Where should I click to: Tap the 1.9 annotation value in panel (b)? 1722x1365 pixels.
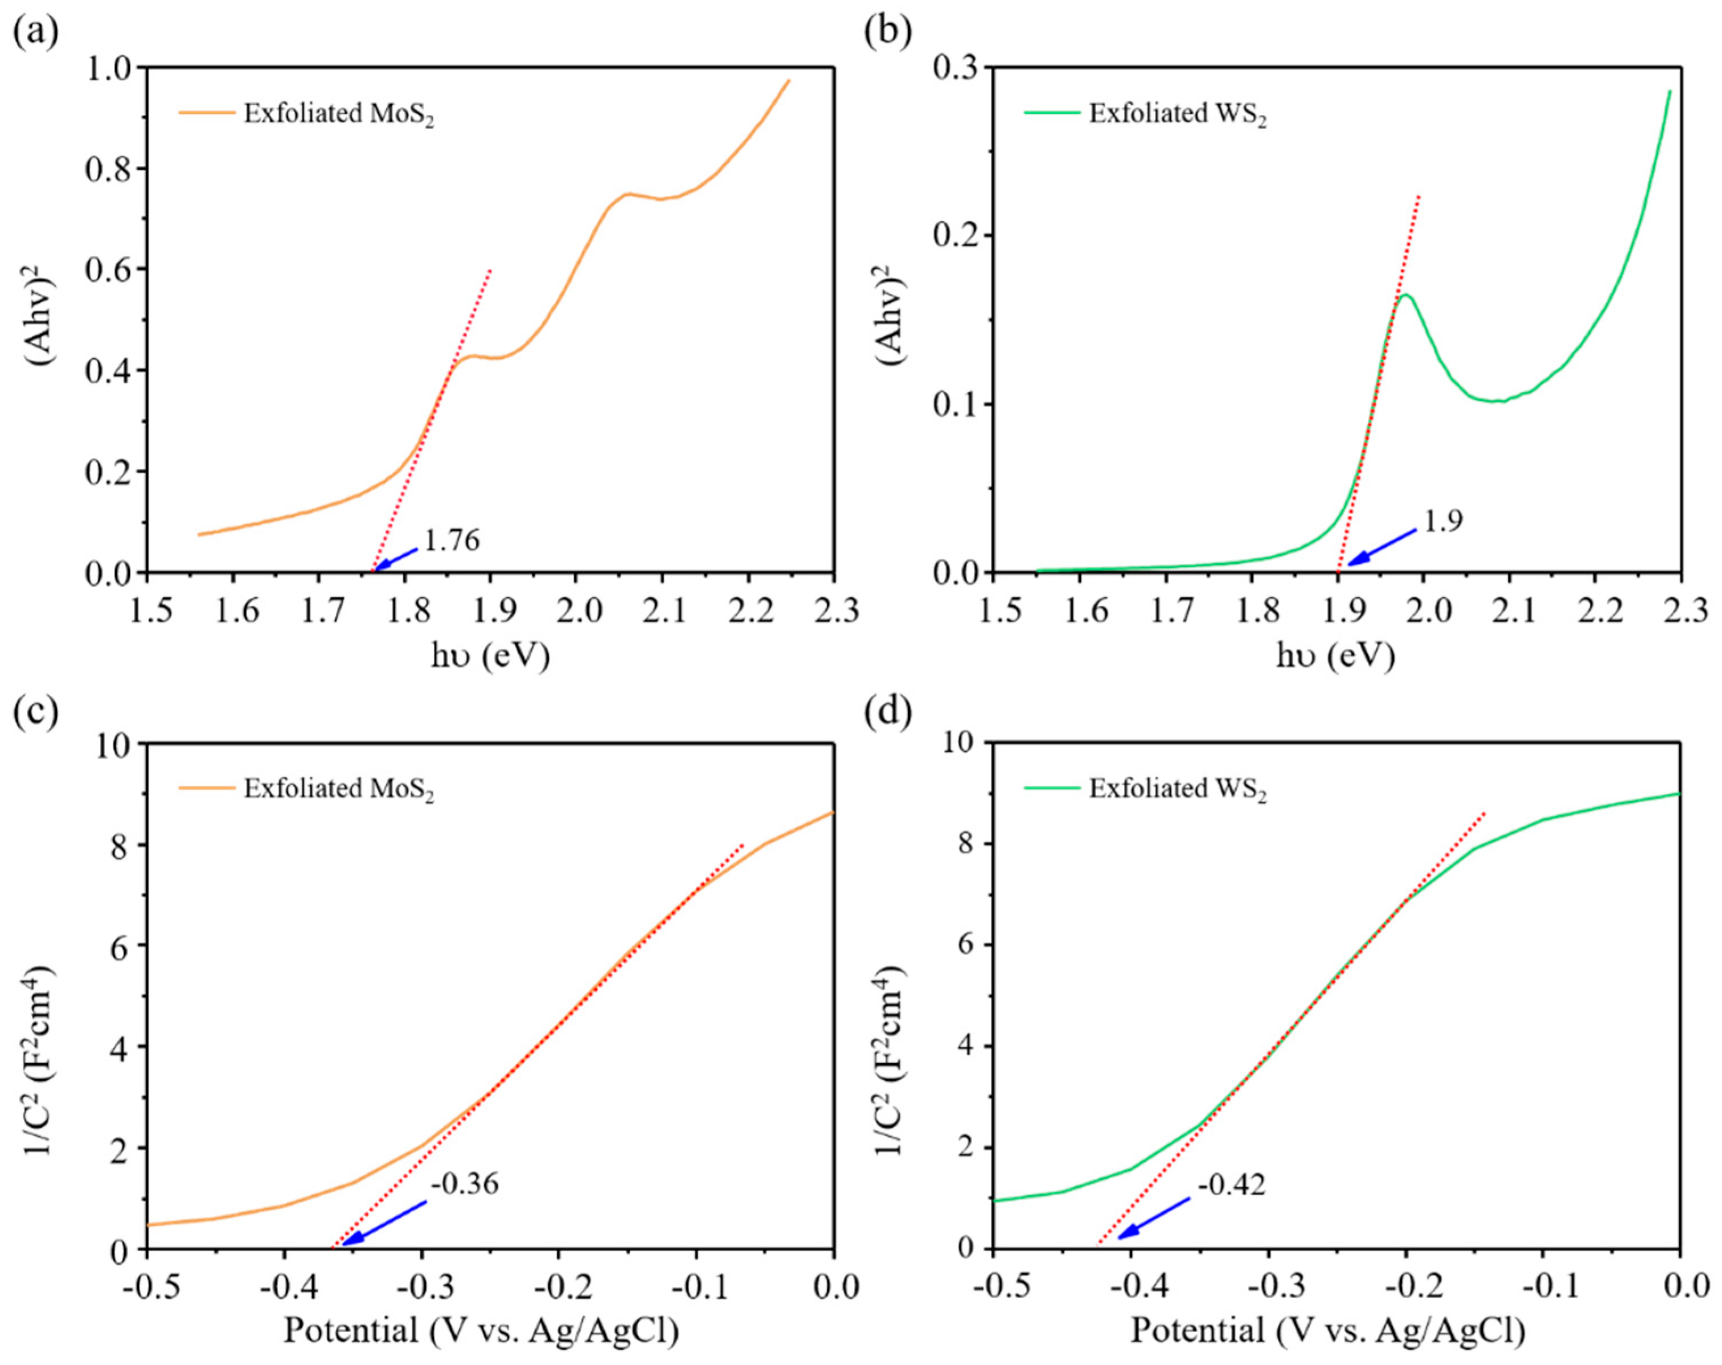tap(1443, 522)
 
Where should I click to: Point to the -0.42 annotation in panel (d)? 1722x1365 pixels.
tap(1232, 1184)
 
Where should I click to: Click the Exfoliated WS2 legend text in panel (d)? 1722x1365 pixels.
tap(1177, 789)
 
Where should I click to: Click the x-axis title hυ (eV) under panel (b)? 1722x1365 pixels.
tap(1335, 656)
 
